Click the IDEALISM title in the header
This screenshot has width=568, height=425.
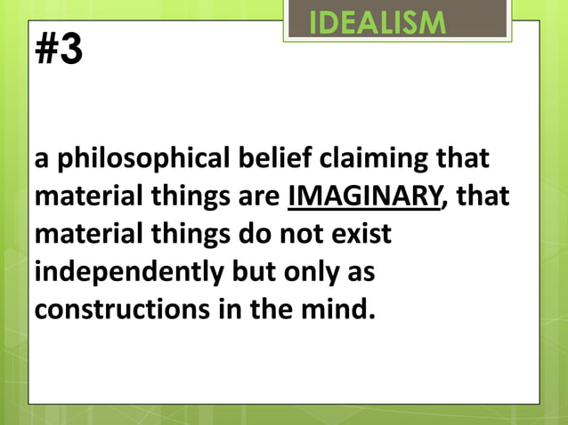[x=377, y=21]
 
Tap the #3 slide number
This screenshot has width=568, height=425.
[x=59, y=51]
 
